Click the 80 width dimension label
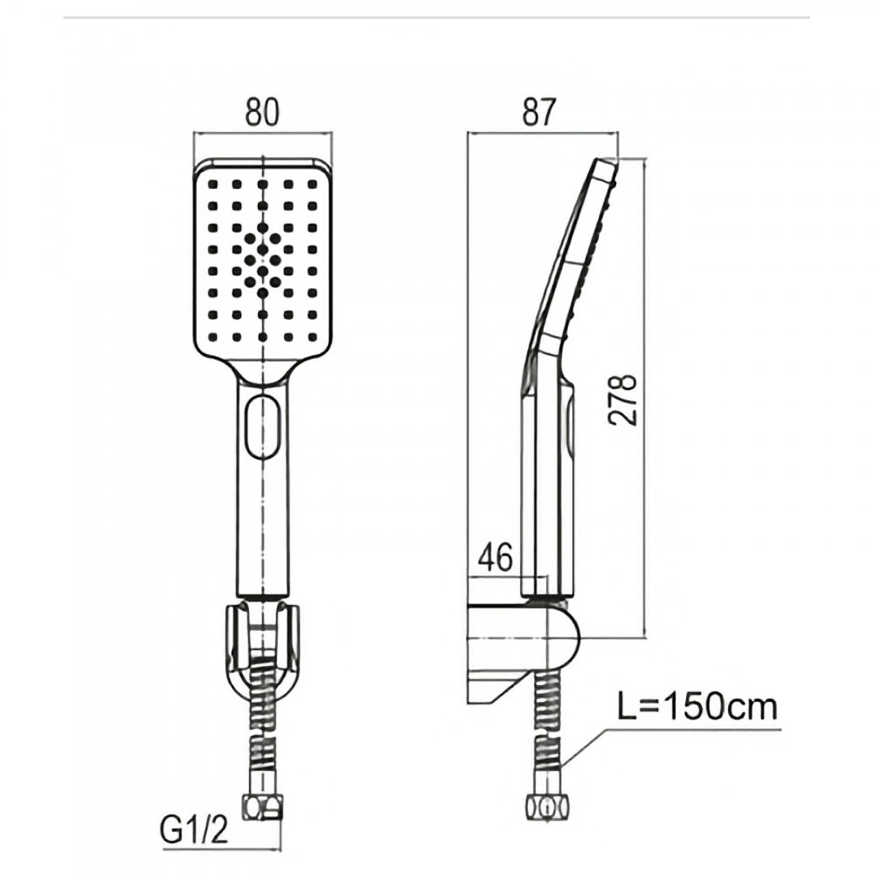point(261,112)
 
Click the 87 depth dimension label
point(539,112)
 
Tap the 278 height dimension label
point(622,399)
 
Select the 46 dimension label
point(495,558)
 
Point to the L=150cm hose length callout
point(697,706)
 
